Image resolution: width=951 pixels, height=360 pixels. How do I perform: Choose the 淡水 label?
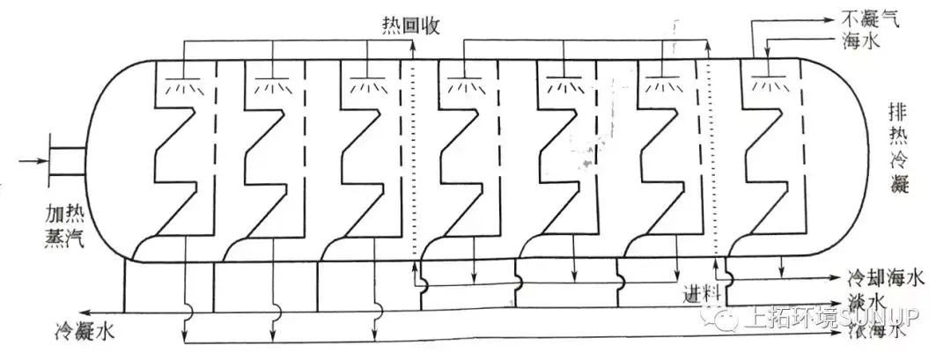[x=866, y=302]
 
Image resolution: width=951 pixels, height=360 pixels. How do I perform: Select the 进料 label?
[x=704, y=290]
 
